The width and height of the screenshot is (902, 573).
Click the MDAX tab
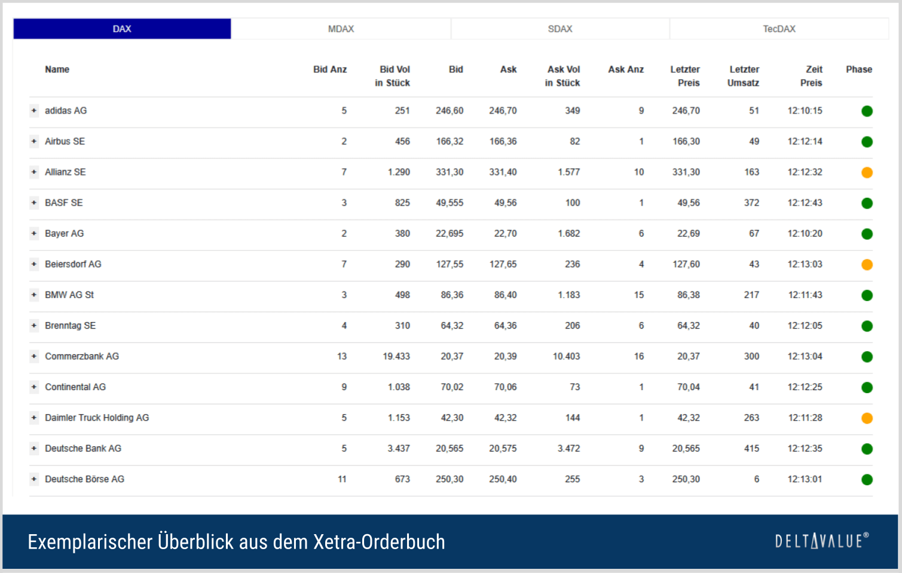341,29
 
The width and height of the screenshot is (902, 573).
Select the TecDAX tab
779,29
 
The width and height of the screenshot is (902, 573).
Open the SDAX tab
560,29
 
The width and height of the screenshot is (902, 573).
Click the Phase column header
858,69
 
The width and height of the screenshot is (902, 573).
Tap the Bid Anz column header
330,69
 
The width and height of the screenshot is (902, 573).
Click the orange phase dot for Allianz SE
867,173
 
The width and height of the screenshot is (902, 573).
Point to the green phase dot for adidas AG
867,111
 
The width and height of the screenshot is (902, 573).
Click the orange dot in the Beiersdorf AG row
867,265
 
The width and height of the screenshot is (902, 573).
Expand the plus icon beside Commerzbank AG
34,356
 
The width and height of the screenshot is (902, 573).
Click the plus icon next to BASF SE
34,203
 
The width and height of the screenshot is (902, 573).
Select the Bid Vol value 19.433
396,356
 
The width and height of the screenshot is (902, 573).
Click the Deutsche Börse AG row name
84,479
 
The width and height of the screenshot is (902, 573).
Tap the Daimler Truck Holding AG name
97,418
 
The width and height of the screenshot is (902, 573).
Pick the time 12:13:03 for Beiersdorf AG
805,264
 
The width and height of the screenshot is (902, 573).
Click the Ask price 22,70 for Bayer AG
505,234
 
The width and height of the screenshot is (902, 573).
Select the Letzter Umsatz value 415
751,448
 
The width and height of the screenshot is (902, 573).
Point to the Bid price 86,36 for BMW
452,295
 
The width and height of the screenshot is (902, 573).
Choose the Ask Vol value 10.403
566,356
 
